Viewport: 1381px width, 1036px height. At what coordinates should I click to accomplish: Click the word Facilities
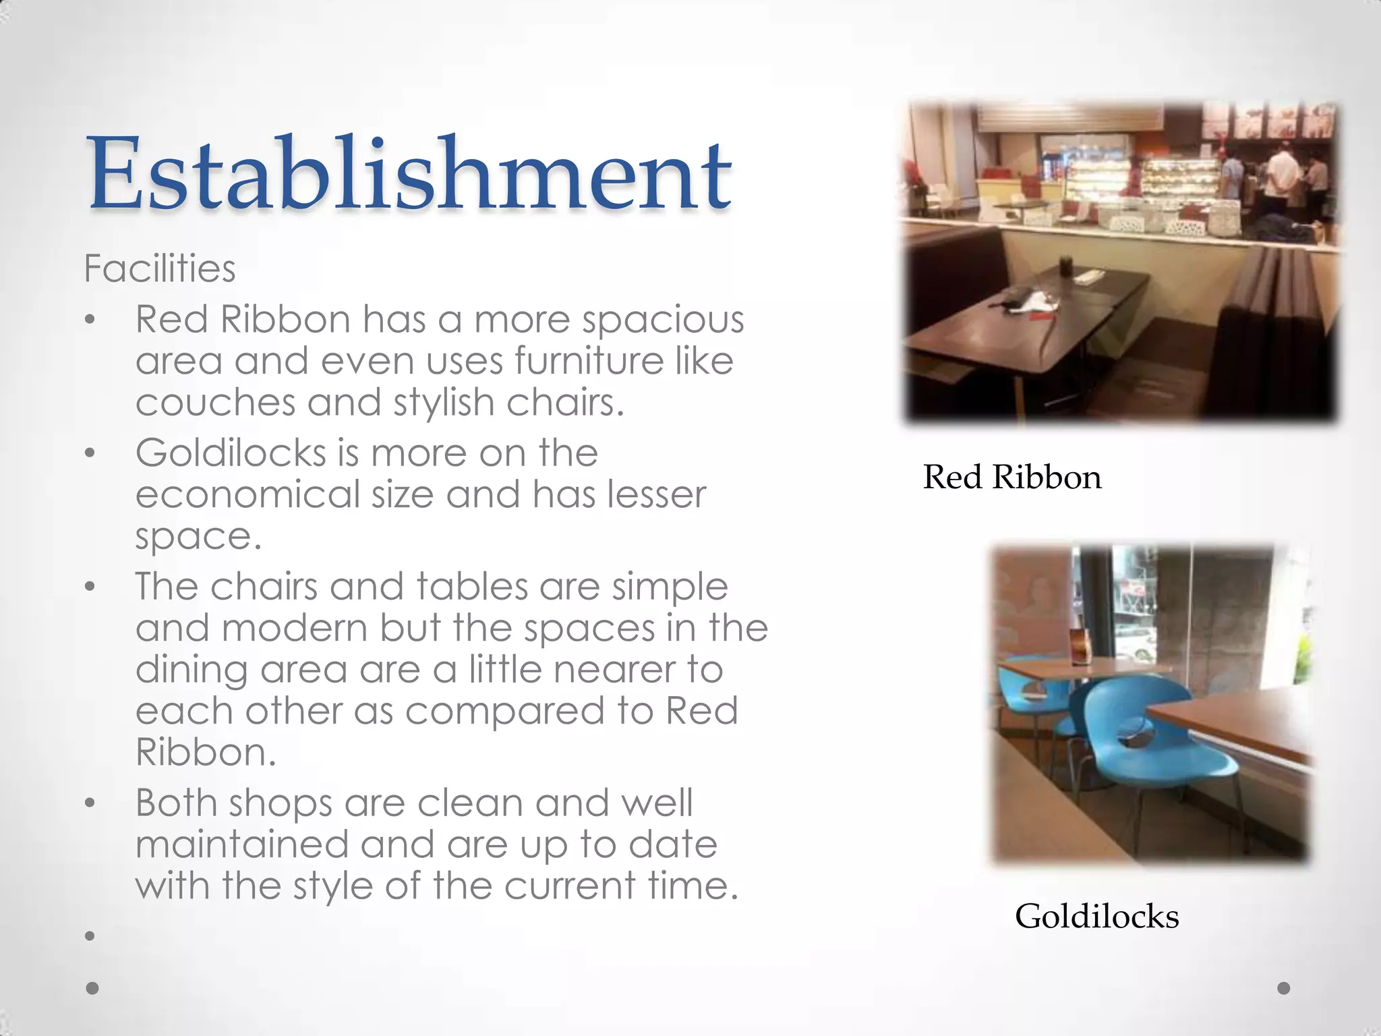click(160, 268)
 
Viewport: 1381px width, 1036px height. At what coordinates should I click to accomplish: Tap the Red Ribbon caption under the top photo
click(1011, 477)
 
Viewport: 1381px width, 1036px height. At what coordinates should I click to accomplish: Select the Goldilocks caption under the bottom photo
click(1096, 916)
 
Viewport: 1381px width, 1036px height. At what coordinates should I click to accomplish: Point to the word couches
click(215, 403)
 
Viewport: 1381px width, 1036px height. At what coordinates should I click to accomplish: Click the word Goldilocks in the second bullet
click(231, 453)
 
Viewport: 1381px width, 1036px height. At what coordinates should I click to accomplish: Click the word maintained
click(241, 844)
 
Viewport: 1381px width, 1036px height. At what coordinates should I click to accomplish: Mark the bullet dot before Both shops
click(90, 803)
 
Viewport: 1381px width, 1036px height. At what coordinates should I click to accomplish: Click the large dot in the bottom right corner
click(1284, 988)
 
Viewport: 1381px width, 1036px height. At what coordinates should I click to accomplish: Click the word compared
click(504, 712)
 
